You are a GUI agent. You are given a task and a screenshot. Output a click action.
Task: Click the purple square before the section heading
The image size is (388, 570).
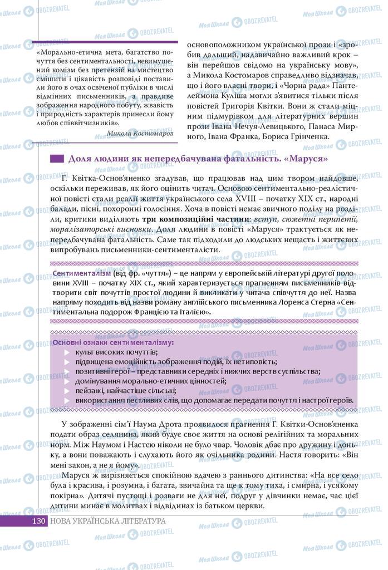(57, 159)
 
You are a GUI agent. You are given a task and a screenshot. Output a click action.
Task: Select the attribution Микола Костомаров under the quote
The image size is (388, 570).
(139, 134)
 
